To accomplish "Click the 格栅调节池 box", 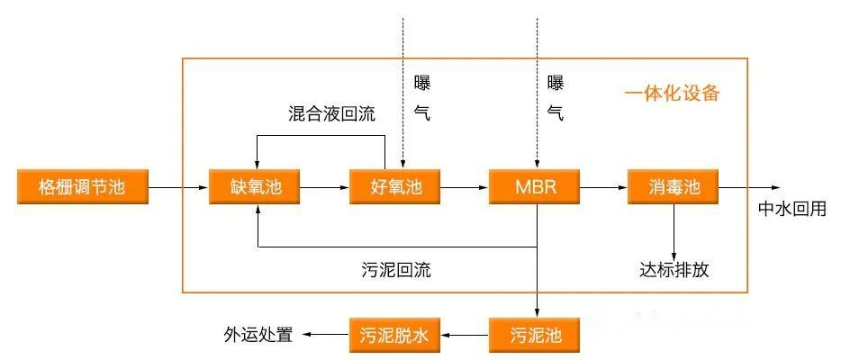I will click(x=81, y=188).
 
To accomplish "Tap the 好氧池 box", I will click(x=395, y=188).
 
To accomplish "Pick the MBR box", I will click(x=535, y=188).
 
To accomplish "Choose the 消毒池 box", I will click(x=674, y=188).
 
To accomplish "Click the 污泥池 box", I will click(x=535, y=336).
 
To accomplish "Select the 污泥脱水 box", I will click(x=395, y=336).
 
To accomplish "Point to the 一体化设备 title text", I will click(x=673, y=93).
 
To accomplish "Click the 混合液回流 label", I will click(x=332, y=114).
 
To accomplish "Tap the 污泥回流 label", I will click(x=394, y=269).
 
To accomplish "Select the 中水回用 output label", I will click(x=791, y=209).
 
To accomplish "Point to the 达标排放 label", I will click(x=674, y=269).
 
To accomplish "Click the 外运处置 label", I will click(x=258, y=336).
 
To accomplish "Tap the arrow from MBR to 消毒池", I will click(x=604, y=188).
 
